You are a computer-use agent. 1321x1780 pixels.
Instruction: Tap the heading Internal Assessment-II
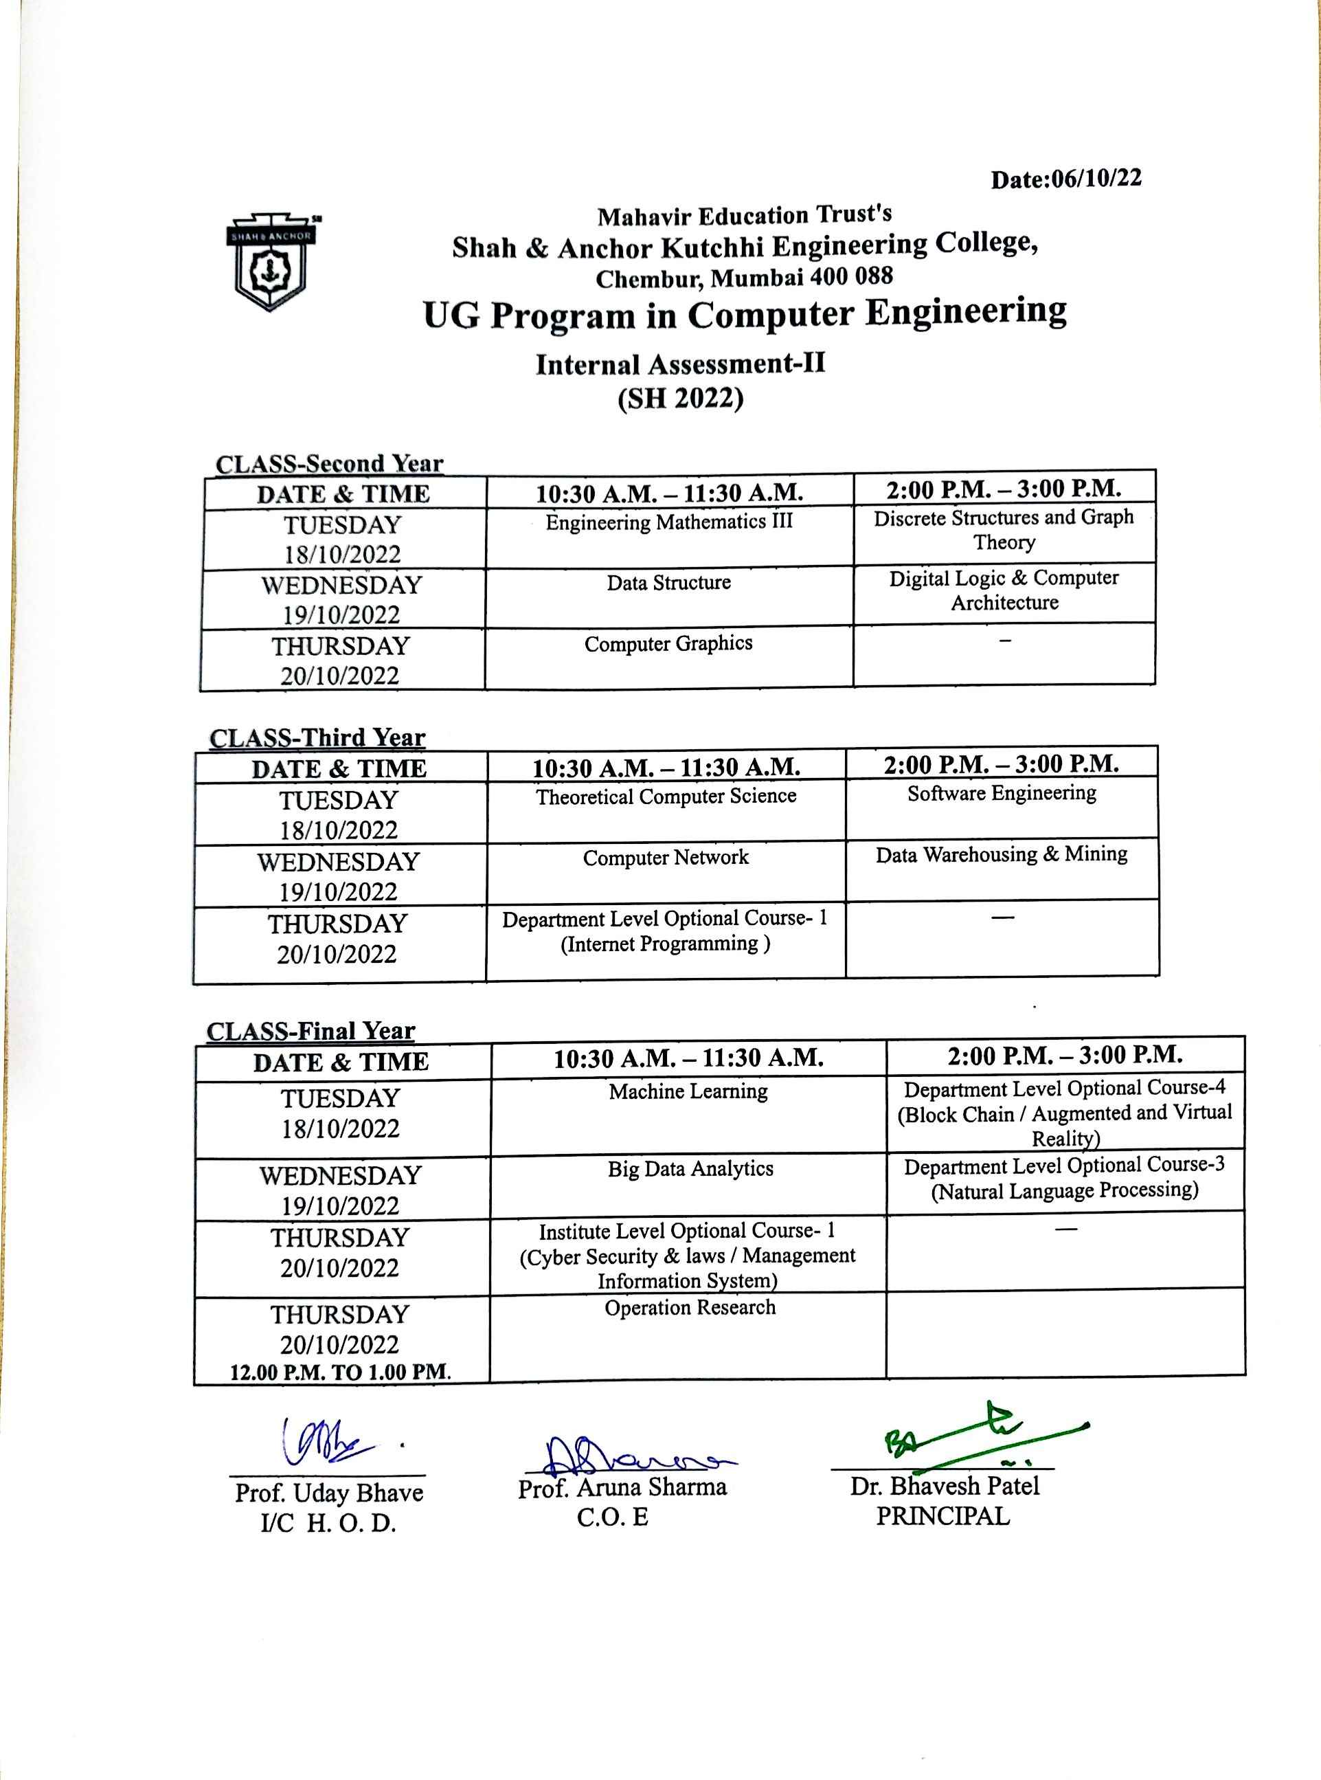[679, 364]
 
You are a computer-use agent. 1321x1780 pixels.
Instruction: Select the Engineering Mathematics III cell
[668, 522]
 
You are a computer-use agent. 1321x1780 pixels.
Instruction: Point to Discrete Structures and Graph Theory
[1004, 530]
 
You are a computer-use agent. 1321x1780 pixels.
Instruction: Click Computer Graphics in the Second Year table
[668, 643]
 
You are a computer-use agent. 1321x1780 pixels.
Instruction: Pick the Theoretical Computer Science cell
[666, 796]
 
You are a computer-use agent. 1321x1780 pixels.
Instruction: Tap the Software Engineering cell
[1001, 793]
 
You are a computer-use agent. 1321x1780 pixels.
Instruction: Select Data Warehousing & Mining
[1001, 854]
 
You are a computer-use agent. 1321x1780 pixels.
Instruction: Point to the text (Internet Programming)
[665, 944]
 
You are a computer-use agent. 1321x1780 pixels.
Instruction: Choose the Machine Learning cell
[688, 1091]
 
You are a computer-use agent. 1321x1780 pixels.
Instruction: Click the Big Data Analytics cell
[690, 1169]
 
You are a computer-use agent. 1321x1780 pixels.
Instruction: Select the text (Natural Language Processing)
[1064, 1190]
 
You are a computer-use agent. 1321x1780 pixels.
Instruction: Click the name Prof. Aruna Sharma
[622, 1488]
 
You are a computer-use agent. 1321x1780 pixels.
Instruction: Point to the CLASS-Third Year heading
[317, 737]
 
